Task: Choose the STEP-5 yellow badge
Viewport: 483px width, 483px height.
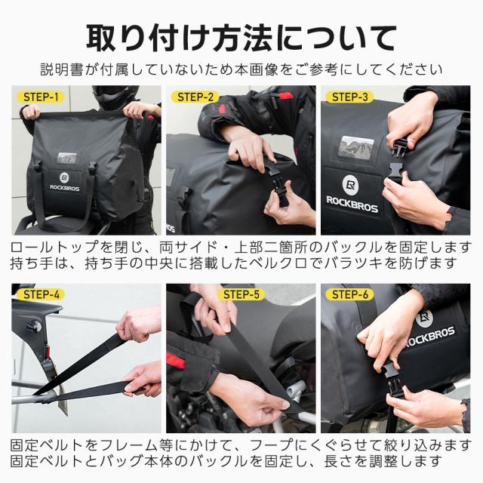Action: coord(241,294)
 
